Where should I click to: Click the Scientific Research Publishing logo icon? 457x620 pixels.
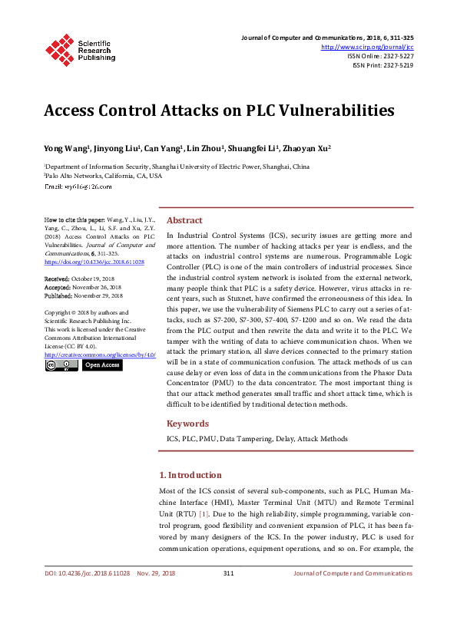coord(59,48)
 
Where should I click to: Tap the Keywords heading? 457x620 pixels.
coord(187,423)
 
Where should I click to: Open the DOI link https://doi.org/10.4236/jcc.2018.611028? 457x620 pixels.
coord(94,262)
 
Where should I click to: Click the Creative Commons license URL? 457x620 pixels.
coord(100,355)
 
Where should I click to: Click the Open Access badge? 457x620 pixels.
coord(101,366)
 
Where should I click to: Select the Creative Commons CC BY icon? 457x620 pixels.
coord(61,366)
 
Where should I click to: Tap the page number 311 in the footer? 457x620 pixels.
coord(228,573)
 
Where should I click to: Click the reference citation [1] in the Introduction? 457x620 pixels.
coord(204,512)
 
